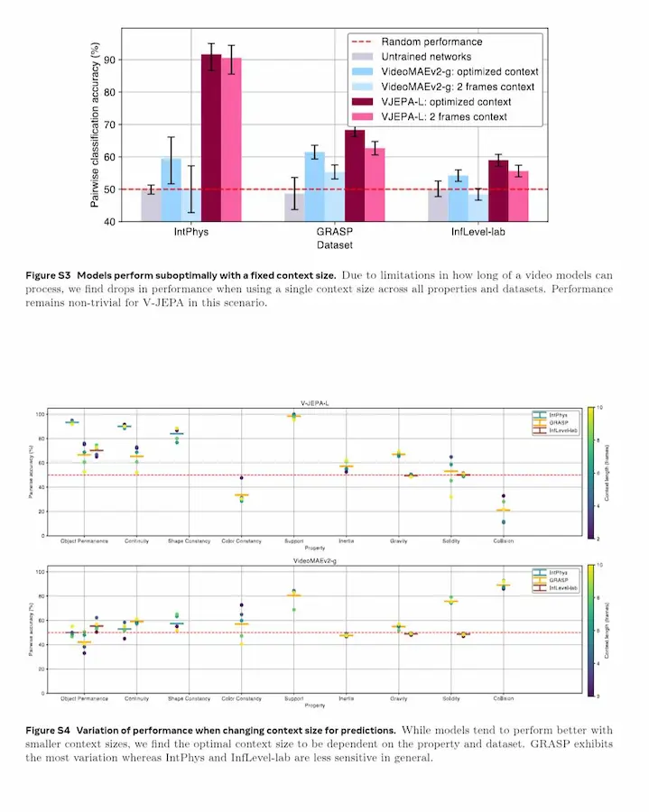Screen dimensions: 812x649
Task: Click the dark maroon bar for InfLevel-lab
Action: [497, 190]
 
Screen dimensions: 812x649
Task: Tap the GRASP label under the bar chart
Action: [334, 232]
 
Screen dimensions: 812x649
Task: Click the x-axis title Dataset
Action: [334, 245]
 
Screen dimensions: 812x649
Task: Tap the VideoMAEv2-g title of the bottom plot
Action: [312, 560]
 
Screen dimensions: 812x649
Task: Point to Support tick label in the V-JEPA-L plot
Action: [292, 540]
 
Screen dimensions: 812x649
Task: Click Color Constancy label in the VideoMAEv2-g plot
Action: [241, 698]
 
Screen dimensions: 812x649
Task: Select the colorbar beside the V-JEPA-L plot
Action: [590, 473]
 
